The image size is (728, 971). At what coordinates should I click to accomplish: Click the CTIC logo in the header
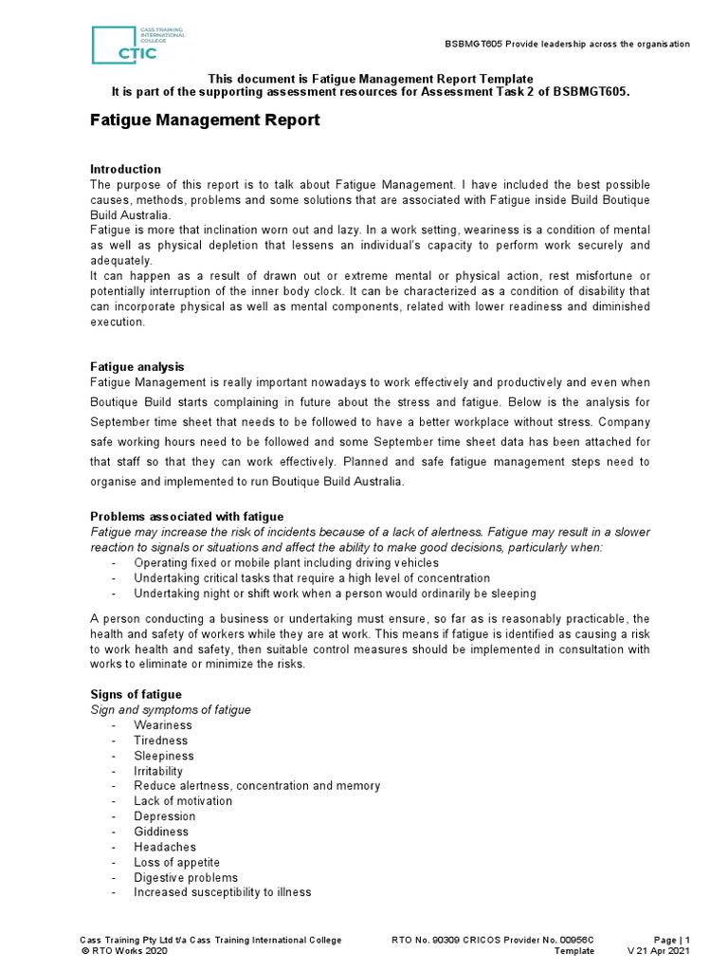[136, 45]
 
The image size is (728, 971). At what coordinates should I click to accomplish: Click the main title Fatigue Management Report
[204, 120]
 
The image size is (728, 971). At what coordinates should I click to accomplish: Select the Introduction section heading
[125, 169]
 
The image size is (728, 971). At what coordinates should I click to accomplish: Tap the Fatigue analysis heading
[136, 366]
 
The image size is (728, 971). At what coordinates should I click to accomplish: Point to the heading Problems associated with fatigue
[187, 516]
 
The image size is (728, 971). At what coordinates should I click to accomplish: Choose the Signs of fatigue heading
[136, 694]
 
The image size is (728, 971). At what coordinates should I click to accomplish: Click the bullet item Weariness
[162, 725]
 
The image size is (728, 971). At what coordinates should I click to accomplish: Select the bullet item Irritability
[158, 771]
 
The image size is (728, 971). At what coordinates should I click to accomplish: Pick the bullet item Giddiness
[161, 832]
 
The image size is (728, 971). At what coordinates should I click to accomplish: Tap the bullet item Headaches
[165, 847]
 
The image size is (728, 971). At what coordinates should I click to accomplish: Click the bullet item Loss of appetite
[176, 862]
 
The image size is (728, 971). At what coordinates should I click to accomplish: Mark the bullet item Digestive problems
[186, 877]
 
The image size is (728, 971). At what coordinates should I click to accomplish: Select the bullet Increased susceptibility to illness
[222, 892]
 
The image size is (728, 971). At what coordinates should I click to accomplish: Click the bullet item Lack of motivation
[183, 801]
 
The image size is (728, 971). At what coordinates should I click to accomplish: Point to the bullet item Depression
[164, 816]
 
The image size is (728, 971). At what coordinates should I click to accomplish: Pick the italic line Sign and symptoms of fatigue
[171, 709]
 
